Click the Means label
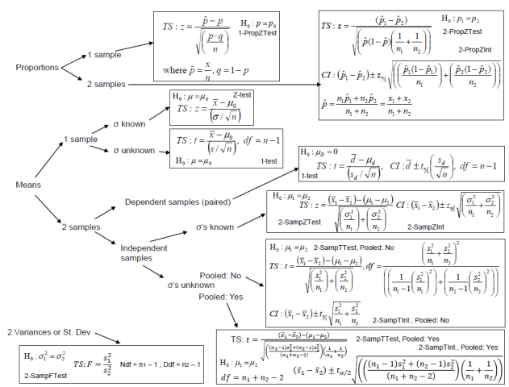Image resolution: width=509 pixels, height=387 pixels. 28,184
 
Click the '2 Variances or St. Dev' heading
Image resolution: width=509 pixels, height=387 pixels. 52,331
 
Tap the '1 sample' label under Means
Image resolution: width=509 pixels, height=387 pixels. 81,138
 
